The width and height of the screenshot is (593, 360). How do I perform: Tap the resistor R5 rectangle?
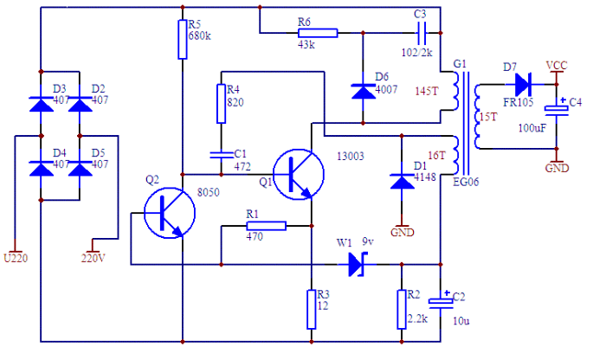coord(183,40)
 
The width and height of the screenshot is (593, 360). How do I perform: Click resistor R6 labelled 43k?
coord(318,33)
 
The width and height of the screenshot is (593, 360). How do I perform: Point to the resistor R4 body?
coord(222,104)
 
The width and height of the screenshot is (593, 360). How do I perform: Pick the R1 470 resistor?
coord(267,226)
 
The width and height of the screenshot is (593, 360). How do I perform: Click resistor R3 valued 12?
coord(312,309)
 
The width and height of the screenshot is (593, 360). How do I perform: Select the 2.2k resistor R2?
coord(402,309)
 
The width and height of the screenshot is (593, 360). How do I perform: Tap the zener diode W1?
coord(357,265)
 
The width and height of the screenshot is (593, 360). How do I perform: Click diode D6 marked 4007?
coord(363,92)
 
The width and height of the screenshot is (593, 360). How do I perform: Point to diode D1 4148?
coord(402,181)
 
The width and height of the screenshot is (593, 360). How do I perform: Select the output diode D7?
coord(524,84)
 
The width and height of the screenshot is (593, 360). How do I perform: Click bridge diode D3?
coord(42,104)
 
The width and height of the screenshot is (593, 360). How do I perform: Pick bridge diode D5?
coord(80,168)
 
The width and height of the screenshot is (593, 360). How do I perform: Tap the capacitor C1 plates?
coord(222,155)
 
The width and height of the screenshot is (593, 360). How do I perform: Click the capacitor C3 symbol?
coord(421,33)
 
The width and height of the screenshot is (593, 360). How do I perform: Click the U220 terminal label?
coord(16,258)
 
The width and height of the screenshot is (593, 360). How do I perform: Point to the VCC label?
coord(557,66)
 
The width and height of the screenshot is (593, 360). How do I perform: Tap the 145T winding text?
coord(427,91)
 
